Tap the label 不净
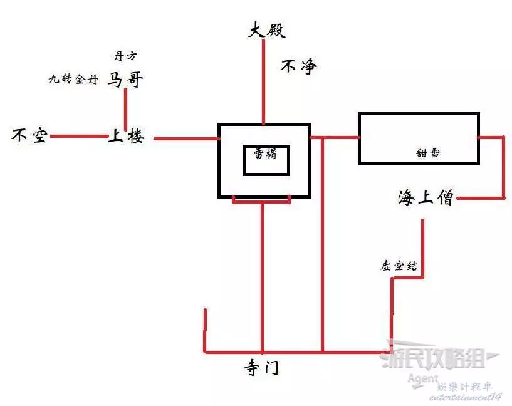[299, 66]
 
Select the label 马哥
[126, 79]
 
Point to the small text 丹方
[125, 56]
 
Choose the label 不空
[29, 135]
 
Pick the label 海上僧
[425, 199]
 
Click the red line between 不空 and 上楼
[78, 136]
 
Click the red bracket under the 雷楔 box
[261, 201]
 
